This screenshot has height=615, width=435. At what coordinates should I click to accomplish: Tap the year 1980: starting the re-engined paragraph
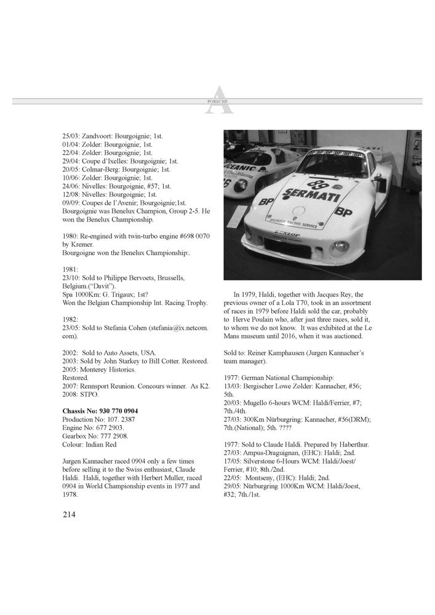[x=71, y=236]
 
